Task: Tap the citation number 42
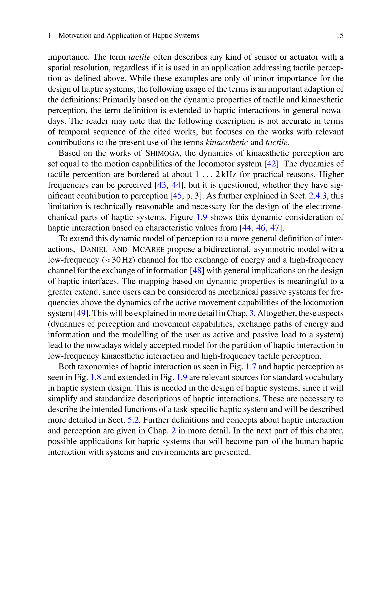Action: click(271, 164)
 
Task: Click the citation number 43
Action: click(162, 185)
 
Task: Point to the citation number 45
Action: click(177, 196)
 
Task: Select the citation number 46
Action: click(261, 228)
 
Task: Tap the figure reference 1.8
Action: click(96, 378)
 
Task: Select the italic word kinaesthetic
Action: click(226, 143)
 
